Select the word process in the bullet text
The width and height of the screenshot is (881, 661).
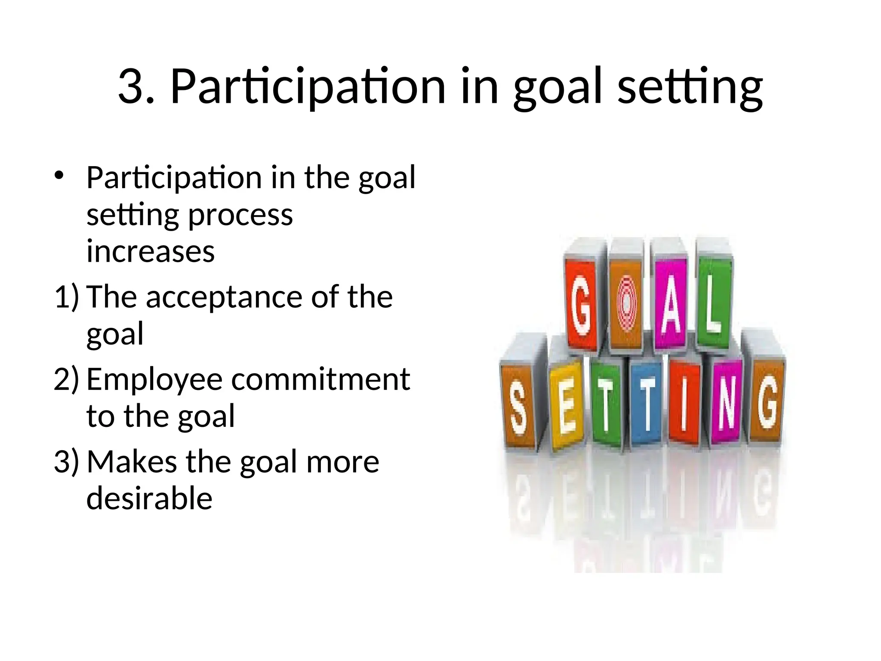click(240, 215)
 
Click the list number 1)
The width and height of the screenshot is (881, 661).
click(67, 297)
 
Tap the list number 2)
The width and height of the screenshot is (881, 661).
click(67, 380)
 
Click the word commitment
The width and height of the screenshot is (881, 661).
click(320, 380)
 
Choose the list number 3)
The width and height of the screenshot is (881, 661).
click(67, 462)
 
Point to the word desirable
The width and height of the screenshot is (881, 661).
click(149, 498)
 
